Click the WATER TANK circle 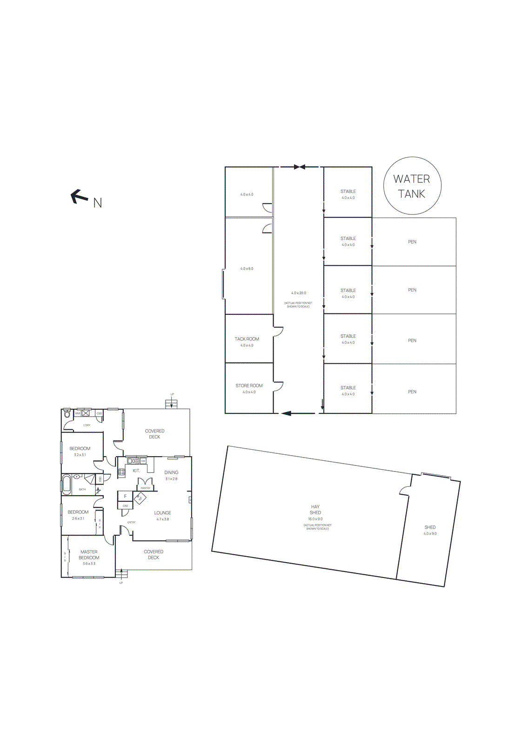[412, 186]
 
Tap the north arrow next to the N [79, 196]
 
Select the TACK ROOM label [247, 339]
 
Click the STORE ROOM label [249, 385]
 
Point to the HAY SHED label [315, 510]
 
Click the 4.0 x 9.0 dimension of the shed [430, 534]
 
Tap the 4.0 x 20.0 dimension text [299, 293]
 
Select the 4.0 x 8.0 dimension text [247, 269]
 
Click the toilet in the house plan [67, 414]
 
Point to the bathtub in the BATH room [67, 485]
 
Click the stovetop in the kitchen [121, 473]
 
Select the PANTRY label [146, 488]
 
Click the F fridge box [125, 496]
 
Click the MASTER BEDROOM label [89, 555]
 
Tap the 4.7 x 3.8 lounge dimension [162, 519]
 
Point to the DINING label [171, 472]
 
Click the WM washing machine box [78, 413]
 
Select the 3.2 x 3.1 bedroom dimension [80, 455]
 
